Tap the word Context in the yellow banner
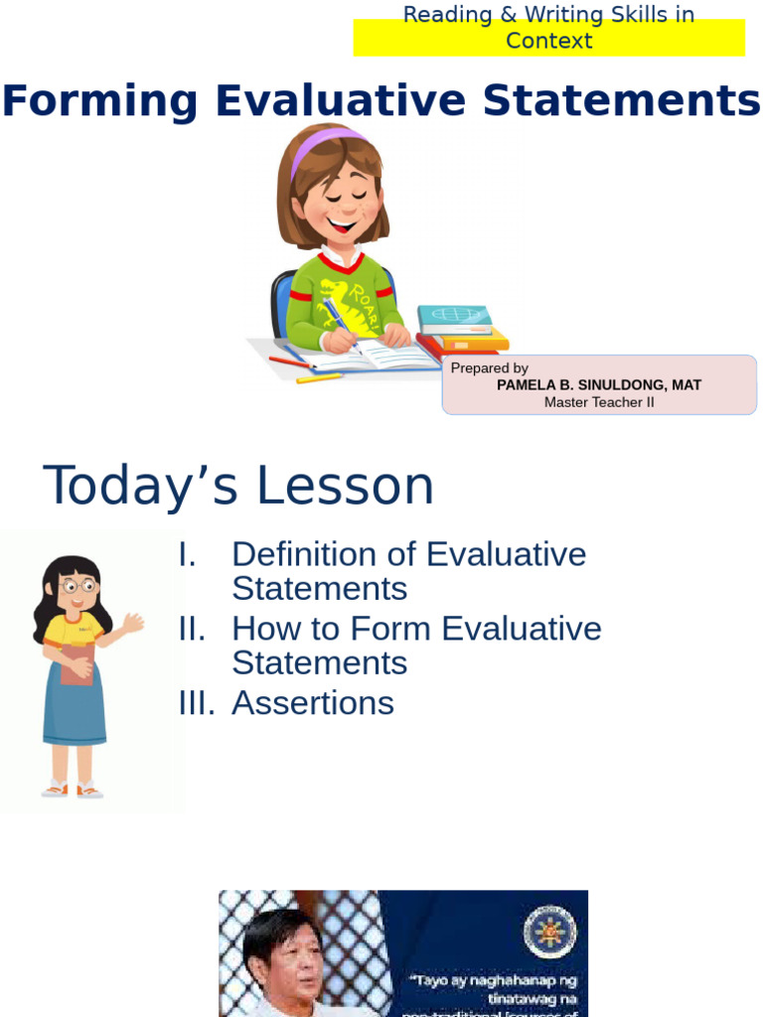[x=548, y=41]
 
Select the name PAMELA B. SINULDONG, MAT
[x=599, y=385]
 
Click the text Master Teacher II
[x=599, y=402]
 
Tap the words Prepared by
[x=489, y=368]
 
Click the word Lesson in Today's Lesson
[x=345, y=487]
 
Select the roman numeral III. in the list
[x=196, y=703]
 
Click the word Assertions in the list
[x=313, y=703]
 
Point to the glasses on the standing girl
[x=76, y=586]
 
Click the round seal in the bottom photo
[x=549, y=932]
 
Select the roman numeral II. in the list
[x=192, y=629]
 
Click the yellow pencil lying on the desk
[x=319, y=378]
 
